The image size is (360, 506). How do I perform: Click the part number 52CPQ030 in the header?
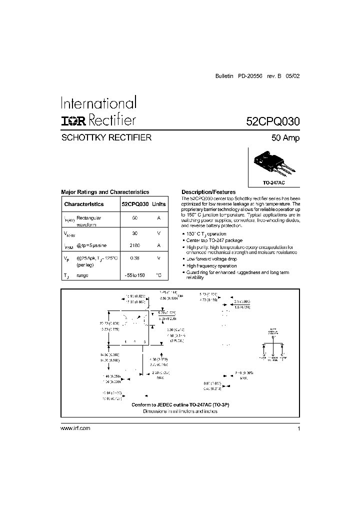(272, 121)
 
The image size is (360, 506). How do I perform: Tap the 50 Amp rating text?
(285, 138)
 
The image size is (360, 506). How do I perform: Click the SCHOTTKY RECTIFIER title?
(106, 137)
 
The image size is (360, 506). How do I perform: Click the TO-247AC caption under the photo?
(273, 183)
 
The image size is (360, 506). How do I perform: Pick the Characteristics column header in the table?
(84, 204)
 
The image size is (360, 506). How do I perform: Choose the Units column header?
(159, 204)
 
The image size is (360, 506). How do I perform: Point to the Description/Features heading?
(208, 192)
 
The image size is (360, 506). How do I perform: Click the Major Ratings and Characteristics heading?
(105, 192)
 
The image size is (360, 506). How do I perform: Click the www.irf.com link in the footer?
(75, 428)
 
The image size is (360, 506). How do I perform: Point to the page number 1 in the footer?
(298, 428)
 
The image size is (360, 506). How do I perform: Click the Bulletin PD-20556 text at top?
(239, 75)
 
